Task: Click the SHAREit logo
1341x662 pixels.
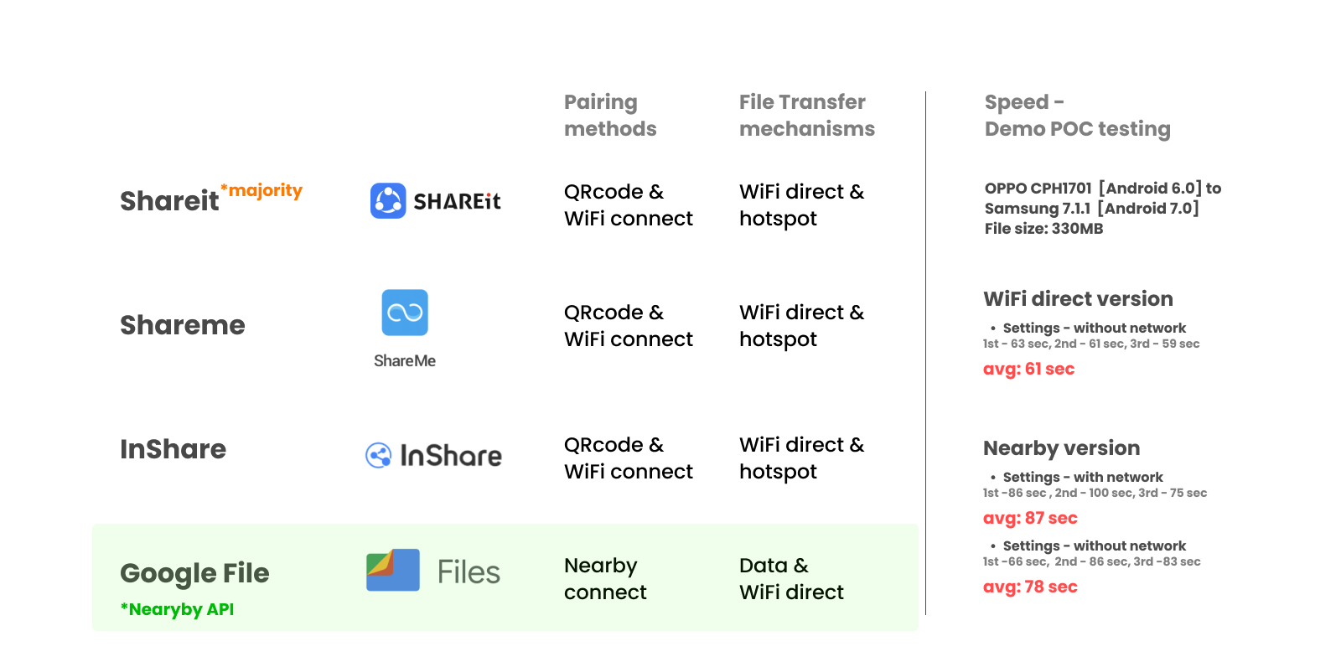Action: pyautogui.click(x=438, y=199)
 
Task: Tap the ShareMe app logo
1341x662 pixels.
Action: pyautogui.click(x=402, y=328)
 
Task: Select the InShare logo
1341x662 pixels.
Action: pyautogui.click(x=434, y=458)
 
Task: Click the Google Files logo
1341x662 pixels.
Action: pyautogui.click(x=434, y=573)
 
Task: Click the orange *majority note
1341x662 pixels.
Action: pyautogui.click(x=261, y=190)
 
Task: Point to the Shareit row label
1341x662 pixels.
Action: pyautogui.click(x=169, y=201)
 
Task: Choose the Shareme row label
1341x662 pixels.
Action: pyautogui.click(x=183, y=325)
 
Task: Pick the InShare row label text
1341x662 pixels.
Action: pyautogui.click(x=173, y=449)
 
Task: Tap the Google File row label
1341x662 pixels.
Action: pyautogui.click(x=194, y=573)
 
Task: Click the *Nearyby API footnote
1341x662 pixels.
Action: pyautogui.click(x=177, y=609)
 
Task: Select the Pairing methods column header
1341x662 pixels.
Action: pyautogui.click(x=609, y=116)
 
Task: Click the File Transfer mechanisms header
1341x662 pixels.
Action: pyautogui.click(x=806, y=116)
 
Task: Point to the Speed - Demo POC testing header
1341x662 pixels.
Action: pyautogui.click(x=1077, y=116)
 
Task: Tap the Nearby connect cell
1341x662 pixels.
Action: pyautogui.click(x=605, y=579)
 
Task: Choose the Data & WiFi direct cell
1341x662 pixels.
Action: pyautogui.click(x=791, y=579)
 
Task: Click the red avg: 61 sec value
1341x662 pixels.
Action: pyautogui.click(x=1028, y=369)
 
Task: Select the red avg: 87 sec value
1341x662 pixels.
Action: pyautogui.click(x=1030, y=518)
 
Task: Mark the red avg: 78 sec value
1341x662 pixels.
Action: pyautogui.click(x=1030, y=587)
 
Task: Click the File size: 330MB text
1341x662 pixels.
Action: pyautogui.click(x=1043, y=229)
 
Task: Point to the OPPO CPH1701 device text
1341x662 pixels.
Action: pyautogui.click(x=1038, y=189)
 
